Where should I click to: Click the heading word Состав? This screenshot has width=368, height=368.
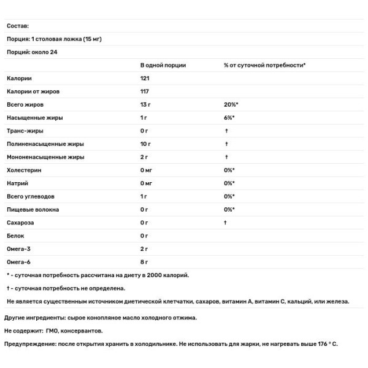(18, 26)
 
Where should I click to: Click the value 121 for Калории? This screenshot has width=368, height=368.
(145, 79)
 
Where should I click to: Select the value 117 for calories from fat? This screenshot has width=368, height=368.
(145, 91)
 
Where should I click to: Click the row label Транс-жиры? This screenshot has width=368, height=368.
(25, 131)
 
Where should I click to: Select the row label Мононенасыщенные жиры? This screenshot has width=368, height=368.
(45, 157)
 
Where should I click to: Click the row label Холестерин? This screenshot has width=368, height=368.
(25, 170)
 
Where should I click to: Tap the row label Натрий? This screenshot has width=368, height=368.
(18, 183)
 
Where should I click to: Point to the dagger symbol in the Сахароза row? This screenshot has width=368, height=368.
(226, 223)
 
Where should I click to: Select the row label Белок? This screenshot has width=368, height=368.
(17, 236)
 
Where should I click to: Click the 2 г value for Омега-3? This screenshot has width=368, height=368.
(145, 248)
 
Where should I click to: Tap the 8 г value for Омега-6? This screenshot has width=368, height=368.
(145, 262)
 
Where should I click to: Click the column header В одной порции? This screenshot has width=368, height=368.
(163, 65)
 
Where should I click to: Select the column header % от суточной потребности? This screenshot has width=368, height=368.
(264, 65)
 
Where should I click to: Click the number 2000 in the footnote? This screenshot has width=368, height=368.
(155, 275)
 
